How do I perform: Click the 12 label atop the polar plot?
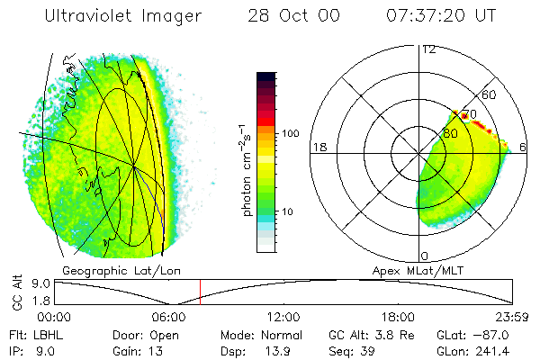[x=429, y=49]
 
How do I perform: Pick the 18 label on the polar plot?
[x=319, y=147]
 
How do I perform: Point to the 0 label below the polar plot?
[x=424, y=256]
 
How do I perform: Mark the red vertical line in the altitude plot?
[x=200, y=292]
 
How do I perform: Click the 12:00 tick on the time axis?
[x=283, y=317]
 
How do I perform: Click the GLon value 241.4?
[x=511, y=350]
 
